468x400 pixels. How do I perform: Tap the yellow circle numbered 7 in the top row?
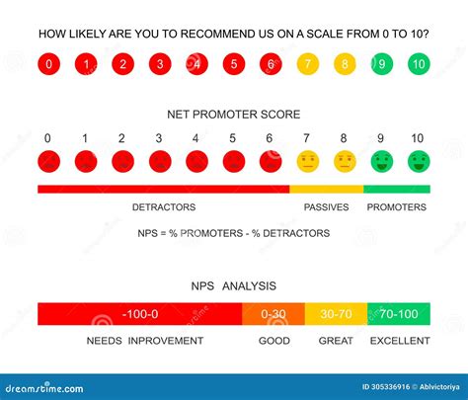click(306, 65)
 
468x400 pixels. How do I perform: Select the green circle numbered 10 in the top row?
click(418, 65)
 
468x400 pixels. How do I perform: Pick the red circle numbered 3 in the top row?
click(159, 65)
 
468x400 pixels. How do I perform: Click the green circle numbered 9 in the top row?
click(381, 65)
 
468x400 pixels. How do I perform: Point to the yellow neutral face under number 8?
click(344, 161)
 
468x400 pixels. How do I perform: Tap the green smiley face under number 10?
click(418, 161)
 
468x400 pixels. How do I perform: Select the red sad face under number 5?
click(233, 161)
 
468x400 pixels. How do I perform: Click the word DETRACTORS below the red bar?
click(164, 207)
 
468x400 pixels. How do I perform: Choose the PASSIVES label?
click(326, 207)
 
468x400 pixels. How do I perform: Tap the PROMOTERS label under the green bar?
click(396, 207)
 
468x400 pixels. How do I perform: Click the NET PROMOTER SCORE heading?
click(233, 115)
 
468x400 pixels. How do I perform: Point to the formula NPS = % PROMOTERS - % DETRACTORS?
click(233, 234)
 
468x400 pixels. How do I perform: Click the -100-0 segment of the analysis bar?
click(139, 314)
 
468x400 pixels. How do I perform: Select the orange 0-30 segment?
click(273, 314)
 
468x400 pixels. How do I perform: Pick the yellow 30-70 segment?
click(336, 314)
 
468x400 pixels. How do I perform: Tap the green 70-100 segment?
click(398, 314)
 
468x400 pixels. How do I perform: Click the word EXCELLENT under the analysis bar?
click(400, 341)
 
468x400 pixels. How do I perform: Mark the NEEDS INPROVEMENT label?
click(144, 341)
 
